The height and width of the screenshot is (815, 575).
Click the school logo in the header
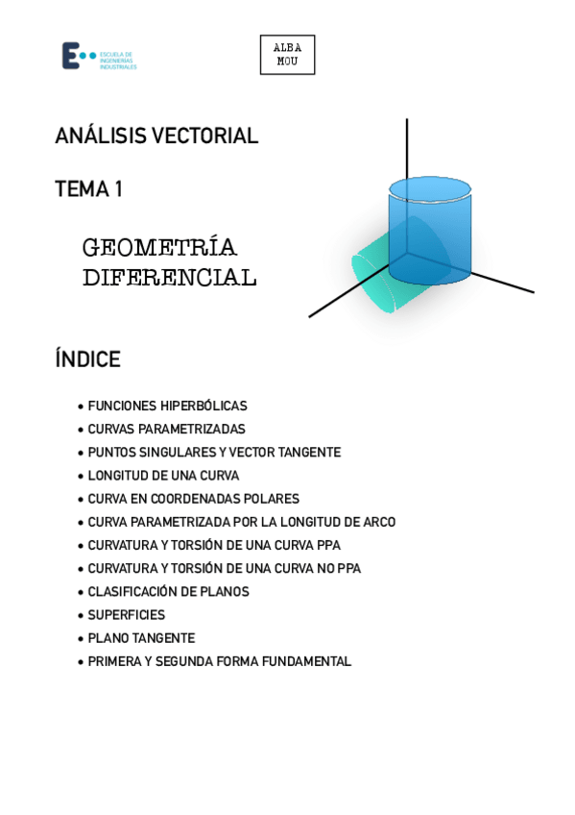tap(98, 56)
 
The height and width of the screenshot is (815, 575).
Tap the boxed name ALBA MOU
tap(287, 55)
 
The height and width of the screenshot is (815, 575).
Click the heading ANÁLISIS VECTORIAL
tap(156, 136)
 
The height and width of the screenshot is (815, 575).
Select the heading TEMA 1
tap(88, 189)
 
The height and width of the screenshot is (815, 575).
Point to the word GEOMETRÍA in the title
tap(159, 248)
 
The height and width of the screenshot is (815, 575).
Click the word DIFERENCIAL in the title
tap(169, 278)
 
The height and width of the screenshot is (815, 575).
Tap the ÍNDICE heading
tap(87, 359)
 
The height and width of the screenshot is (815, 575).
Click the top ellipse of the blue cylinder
tap(429, 187)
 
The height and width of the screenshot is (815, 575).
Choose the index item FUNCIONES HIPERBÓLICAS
tap(167, 407)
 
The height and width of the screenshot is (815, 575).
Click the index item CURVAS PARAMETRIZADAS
tap(166, 430)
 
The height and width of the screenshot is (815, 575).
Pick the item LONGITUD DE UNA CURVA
tap(163, 476)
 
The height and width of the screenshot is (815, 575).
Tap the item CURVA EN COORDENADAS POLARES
tap(193, 499)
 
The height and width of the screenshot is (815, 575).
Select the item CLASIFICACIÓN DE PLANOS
tap(168, 592)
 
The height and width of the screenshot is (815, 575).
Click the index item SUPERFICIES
tap(126, 615)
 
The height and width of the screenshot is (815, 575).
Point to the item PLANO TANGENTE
tap(141, 638)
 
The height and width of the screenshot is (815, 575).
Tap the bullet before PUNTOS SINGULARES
tap(80, 453)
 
